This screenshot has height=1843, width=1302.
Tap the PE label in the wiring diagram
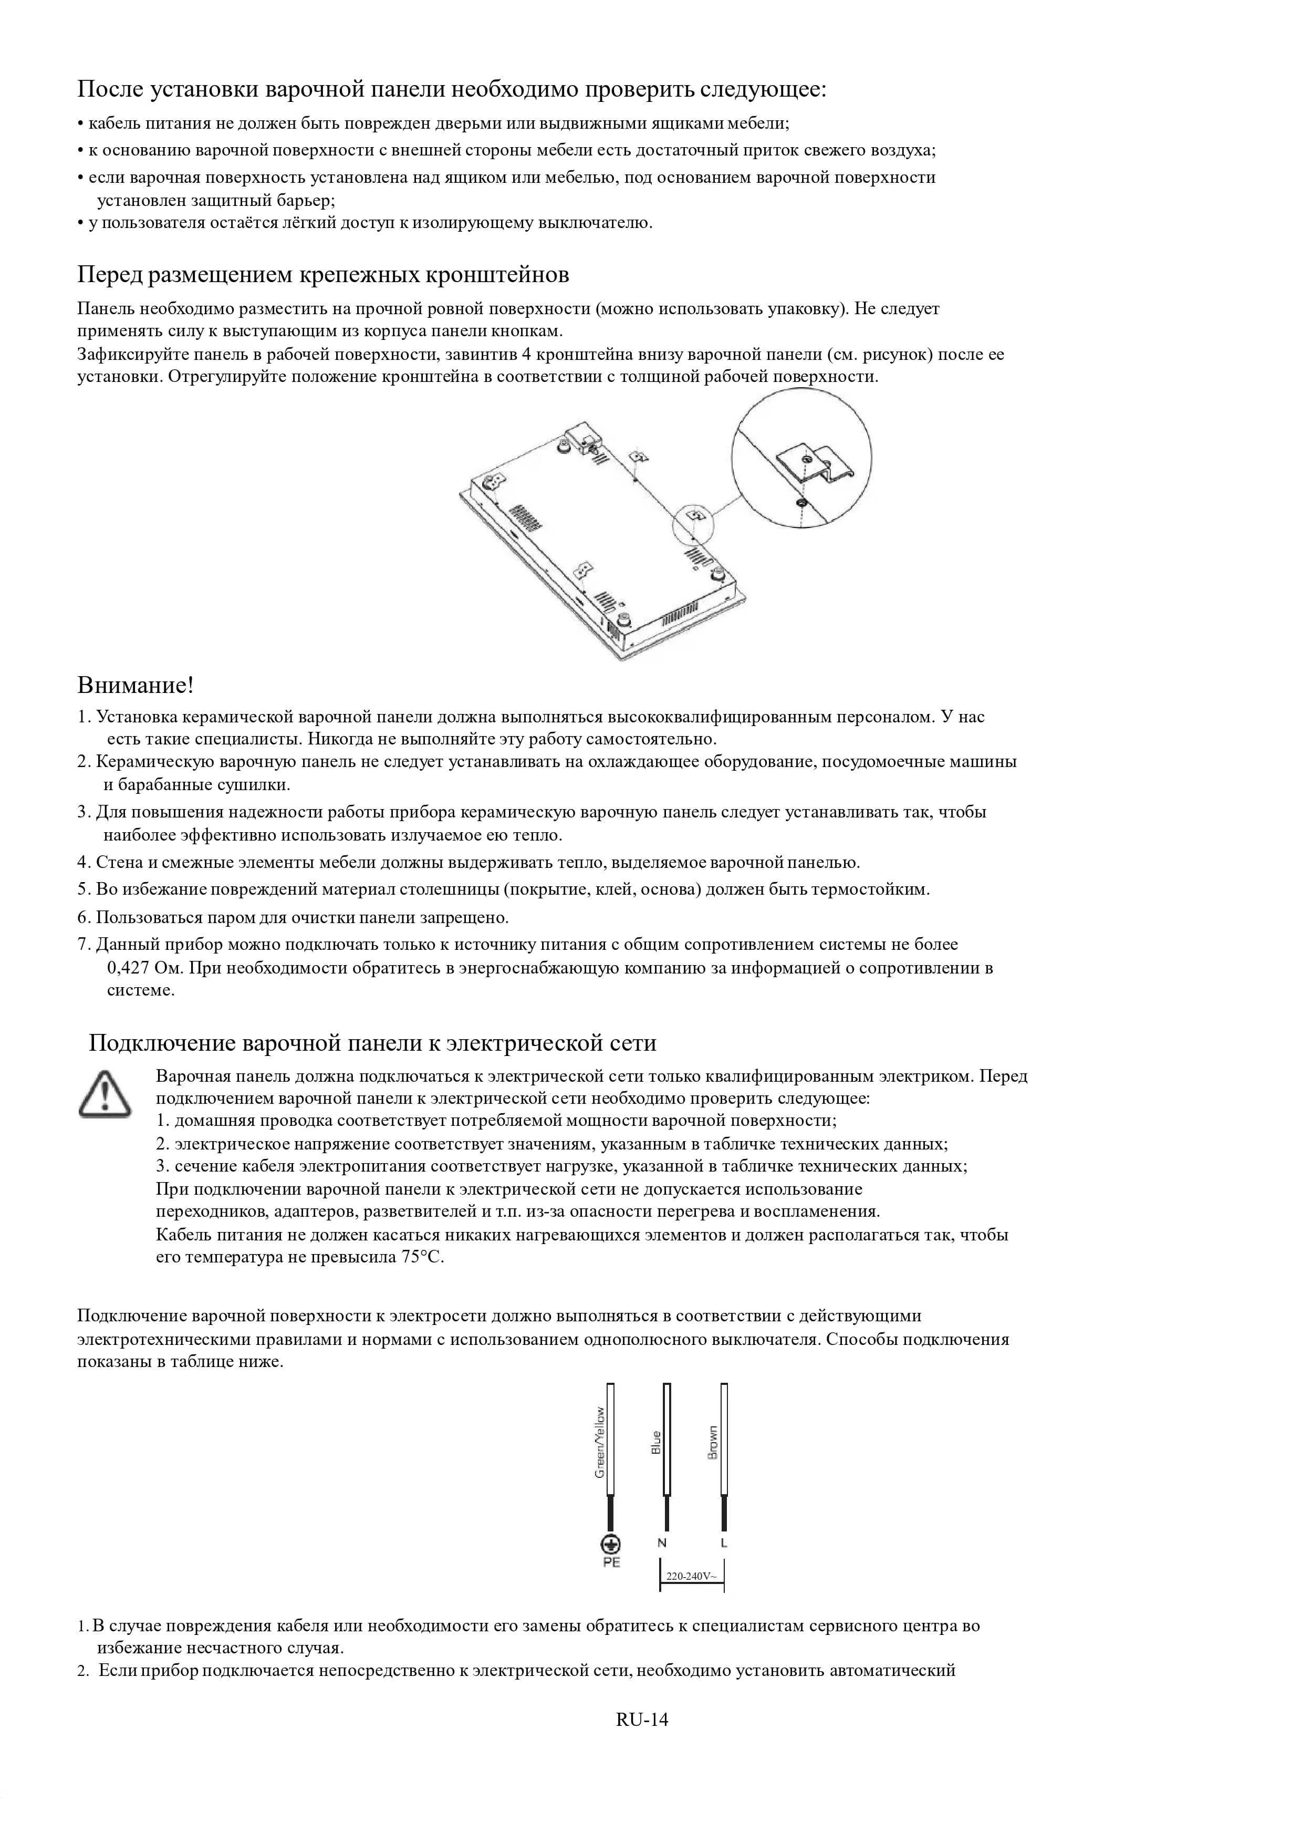point(611,1563)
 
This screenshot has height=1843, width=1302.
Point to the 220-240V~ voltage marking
point(691,1576)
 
